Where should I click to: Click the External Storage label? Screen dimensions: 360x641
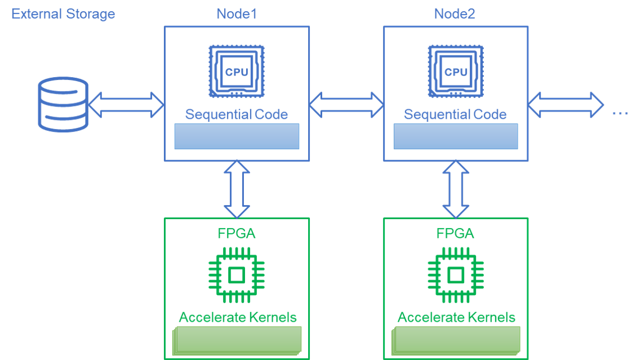(63, 14)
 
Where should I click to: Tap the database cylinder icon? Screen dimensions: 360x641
(63, 104)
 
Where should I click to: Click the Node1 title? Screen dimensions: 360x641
(237, 14)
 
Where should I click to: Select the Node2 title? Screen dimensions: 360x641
(455, 14)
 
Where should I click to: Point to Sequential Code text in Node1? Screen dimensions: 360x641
(237, 115)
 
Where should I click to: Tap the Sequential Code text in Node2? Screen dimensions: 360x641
(455, 115)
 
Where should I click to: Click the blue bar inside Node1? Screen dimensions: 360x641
(237, 136)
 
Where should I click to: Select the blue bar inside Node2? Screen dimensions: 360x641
(456, 136)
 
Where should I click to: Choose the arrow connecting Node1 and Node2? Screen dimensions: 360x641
(346, 105)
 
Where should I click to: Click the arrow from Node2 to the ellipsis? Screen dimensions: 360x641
(566, 105)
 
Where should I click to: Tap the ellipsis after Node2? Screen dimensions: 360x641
(620, 113)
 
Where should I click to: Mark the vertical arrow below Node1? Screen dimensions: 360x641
(237, 189)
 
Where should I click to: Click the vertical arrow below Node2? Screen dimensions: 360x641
(456, 189)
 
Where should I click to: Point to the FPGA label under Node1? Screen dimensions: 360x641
(237, 233)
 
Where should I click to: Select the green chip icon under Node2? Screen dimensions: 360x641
(456, 275)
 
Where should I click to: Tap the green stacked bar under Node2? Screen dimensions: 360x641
(456, 340)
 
